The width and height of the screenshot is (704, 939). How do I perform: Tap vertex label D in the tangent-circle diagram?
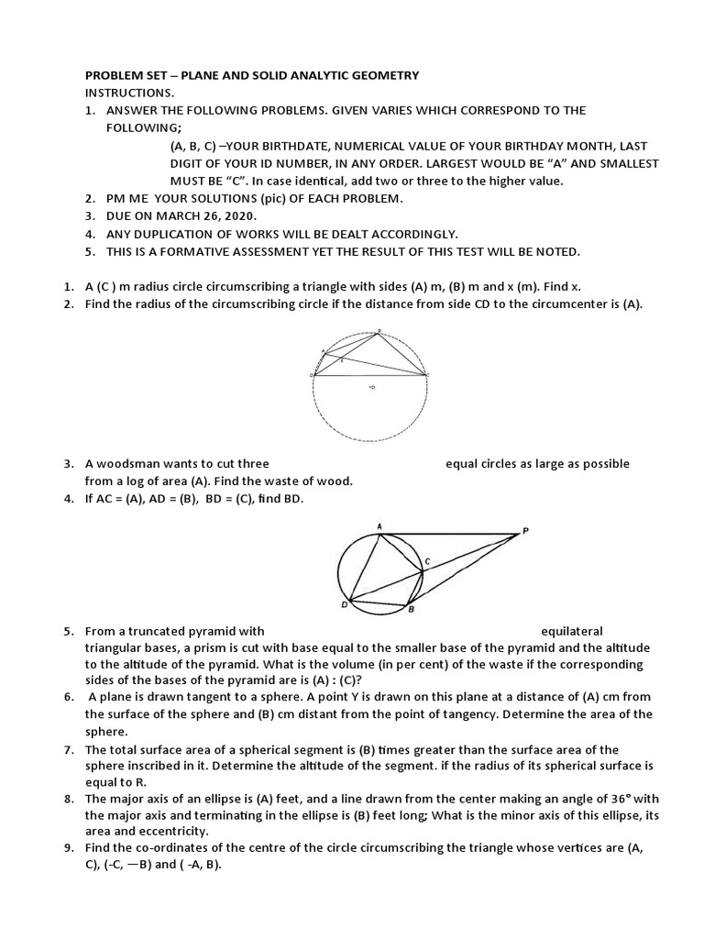click(x=344, y=604)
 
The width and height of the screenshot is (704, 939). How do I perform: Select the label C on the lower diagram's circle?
click(x=426, y=560)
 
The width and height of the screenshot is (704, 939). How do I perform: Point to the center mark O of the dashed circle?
click(x=371, y=388)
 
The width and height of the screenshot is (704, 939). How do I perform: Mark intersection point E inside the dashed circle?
click(x=342, y=361)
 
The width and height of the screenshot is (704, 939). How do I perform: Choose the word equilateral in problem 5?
click(x=572, y=631)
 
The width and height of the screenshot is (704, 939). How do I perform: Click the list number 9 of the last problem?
click(x=69, y=848)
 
